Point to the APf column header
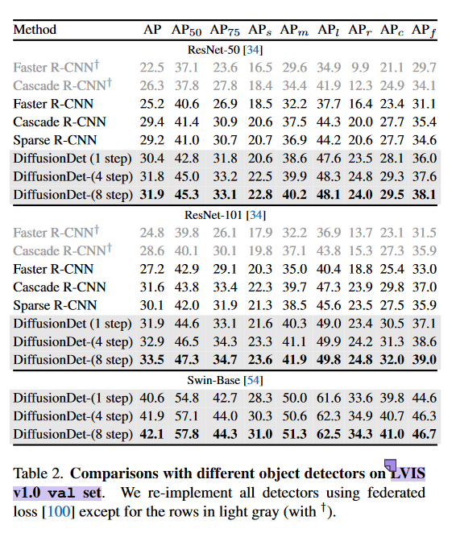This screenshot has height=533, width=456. tap(424, 30)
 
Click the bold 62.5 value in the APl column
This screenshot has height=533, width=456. tap(328, 435)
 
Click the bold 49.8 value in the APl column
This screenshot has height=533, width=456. tap(328, 358)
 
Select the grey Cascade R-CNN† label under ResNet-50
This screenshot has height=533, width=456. tap(62, 85)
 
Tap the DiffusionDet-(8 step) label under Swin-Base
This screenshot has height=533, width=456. tap(72, 435)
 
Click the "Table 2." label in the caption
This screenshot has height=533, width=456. tap(36, 472)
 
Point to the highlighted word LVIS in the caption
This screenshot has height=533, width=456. tap(406, 472)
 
